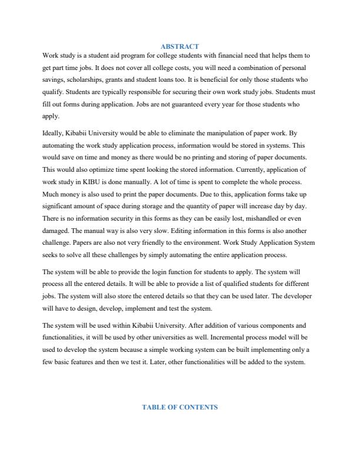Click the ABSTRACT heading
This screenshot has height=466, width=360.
pyautogui.click(x=179, y=46)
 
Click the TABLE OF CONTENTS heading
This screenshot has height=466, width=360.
pyautogui.click(x=179, y=407)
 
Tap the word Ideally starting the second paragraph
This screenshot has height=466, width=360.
pyautogui.click(x=54, y=134)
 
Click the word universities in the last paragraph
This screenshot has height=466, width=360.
pyautogui.click(x=154, y=338)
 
